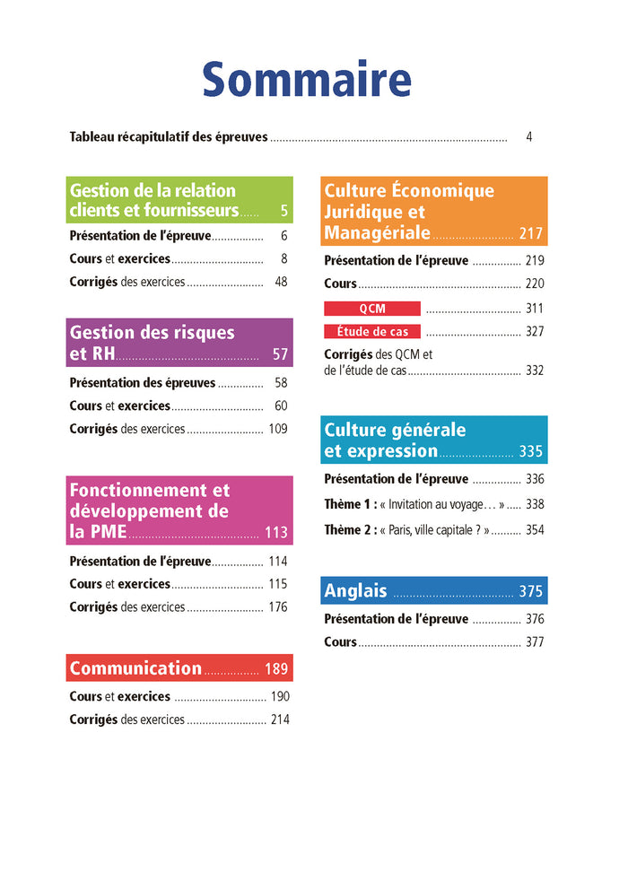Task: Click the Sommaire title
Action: tap(307, 80)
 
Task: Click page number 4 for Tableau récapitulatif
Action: tap(529, 137)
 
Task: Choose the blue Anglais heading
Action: tap(356, 590)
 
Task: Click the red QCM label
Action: tap(372, 308)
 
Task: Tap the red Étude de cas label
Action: tap(372, 331)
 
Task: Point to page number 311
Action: tap(535, 308)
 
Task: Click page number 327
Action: tap(535, 331)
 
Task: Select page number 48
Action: tap(281, 282)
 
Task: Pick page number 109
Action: tap(278, 429)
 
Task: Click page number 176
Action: tap(278, 607)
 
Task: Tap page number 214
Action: tap(280, 719)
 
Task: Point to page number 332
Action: tap(535, 370)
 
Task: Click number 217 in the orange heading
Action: tap(531, 234)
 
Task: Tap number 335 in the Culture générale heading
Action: tap(531, 451)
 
